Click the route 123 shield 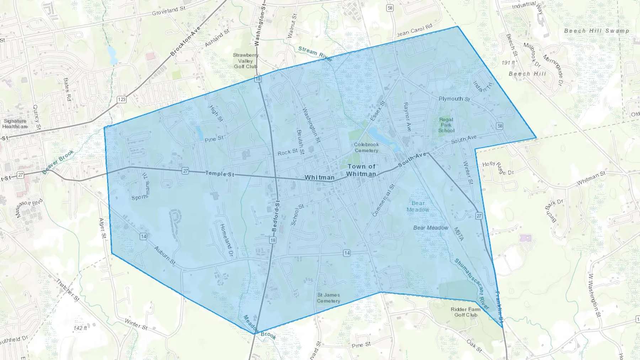pyautogui.click(x=122, y=100)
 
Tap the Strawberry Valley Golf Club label pyautogui.click(x=246, y=61)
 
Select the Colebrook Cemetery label pyautogui.click(x=366, y=147)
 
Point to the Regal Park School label pyautogui.click(x=446, y=125)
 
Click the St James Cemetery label pyautogui.click(x=329, y=298)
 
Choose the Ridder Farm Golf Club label pyautogui.click(x=466, y=312)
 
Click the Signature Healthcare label pyautogui.click(x=15, y=124)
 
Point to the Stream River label pyautogui.click(x=315, y=54)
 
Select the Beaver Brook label pyautogui.click(x=58, y=162)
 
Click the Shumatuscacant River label pyautogui.click(x=471, y=284)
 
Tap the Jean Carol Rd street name pyautogui.click(x=414, y=31)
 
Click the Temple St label pyautogui.click(x=220, y=174)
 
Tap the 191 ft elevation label pyautogui.click(x=508, y=63)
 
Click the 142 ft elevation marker pyautogui.click(x=80, y=328)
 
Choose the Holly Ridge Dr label pyautogui.click(x=498, y=168)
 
